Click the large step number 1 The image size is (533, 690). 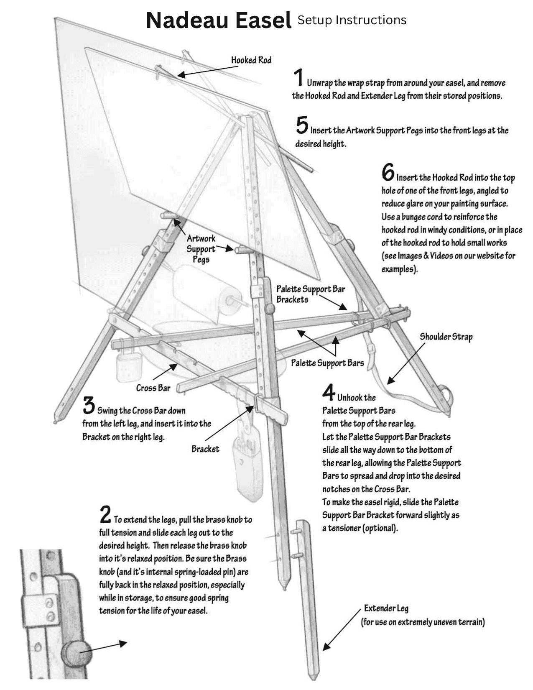[x=298, y=78]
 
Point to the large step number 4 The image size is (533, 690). [x=329, y=392]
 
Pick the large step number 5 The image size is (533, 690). [x=302, y=125]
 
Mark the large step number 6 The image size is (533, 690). [x=388, y=171]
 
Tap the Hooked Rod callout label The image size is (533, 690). [x=251, y=60]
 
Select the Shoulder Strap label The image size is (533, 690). [x=446, y=337]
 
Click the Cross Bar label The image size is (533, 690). [x=153, y=388]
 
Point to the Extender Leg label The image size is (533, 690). [x=386, y=608]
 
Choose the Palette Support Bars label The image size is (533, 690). [x=327, y=363]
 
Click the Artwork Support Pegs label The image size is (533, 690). [x=201, y=249]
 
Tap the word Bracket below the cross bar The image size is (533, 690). [x=205, y=449]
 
